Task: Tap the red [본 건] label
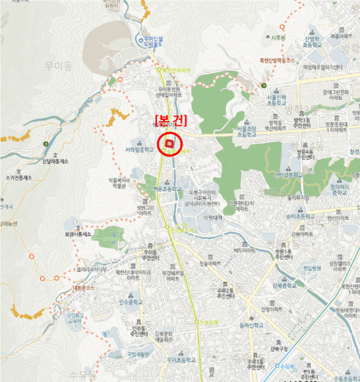click(171, 120)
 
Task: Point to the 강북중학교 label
click(284, 285)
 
